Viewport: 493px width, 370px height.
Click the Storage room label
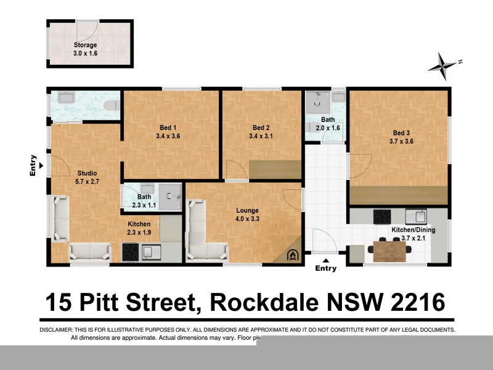click(85, 45)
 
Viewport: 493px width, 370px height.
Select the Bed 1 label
click(163, 128)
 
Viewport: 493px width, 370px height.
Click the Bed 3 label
click(401, 133)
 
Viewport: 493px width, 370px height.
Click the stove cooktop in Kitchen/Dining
click(382, 216)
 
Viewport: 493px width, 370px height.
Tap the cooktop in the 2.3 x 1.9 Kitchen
click(131, 252)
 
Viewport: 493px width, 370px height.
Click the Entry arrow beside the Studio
click(41, 166)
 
